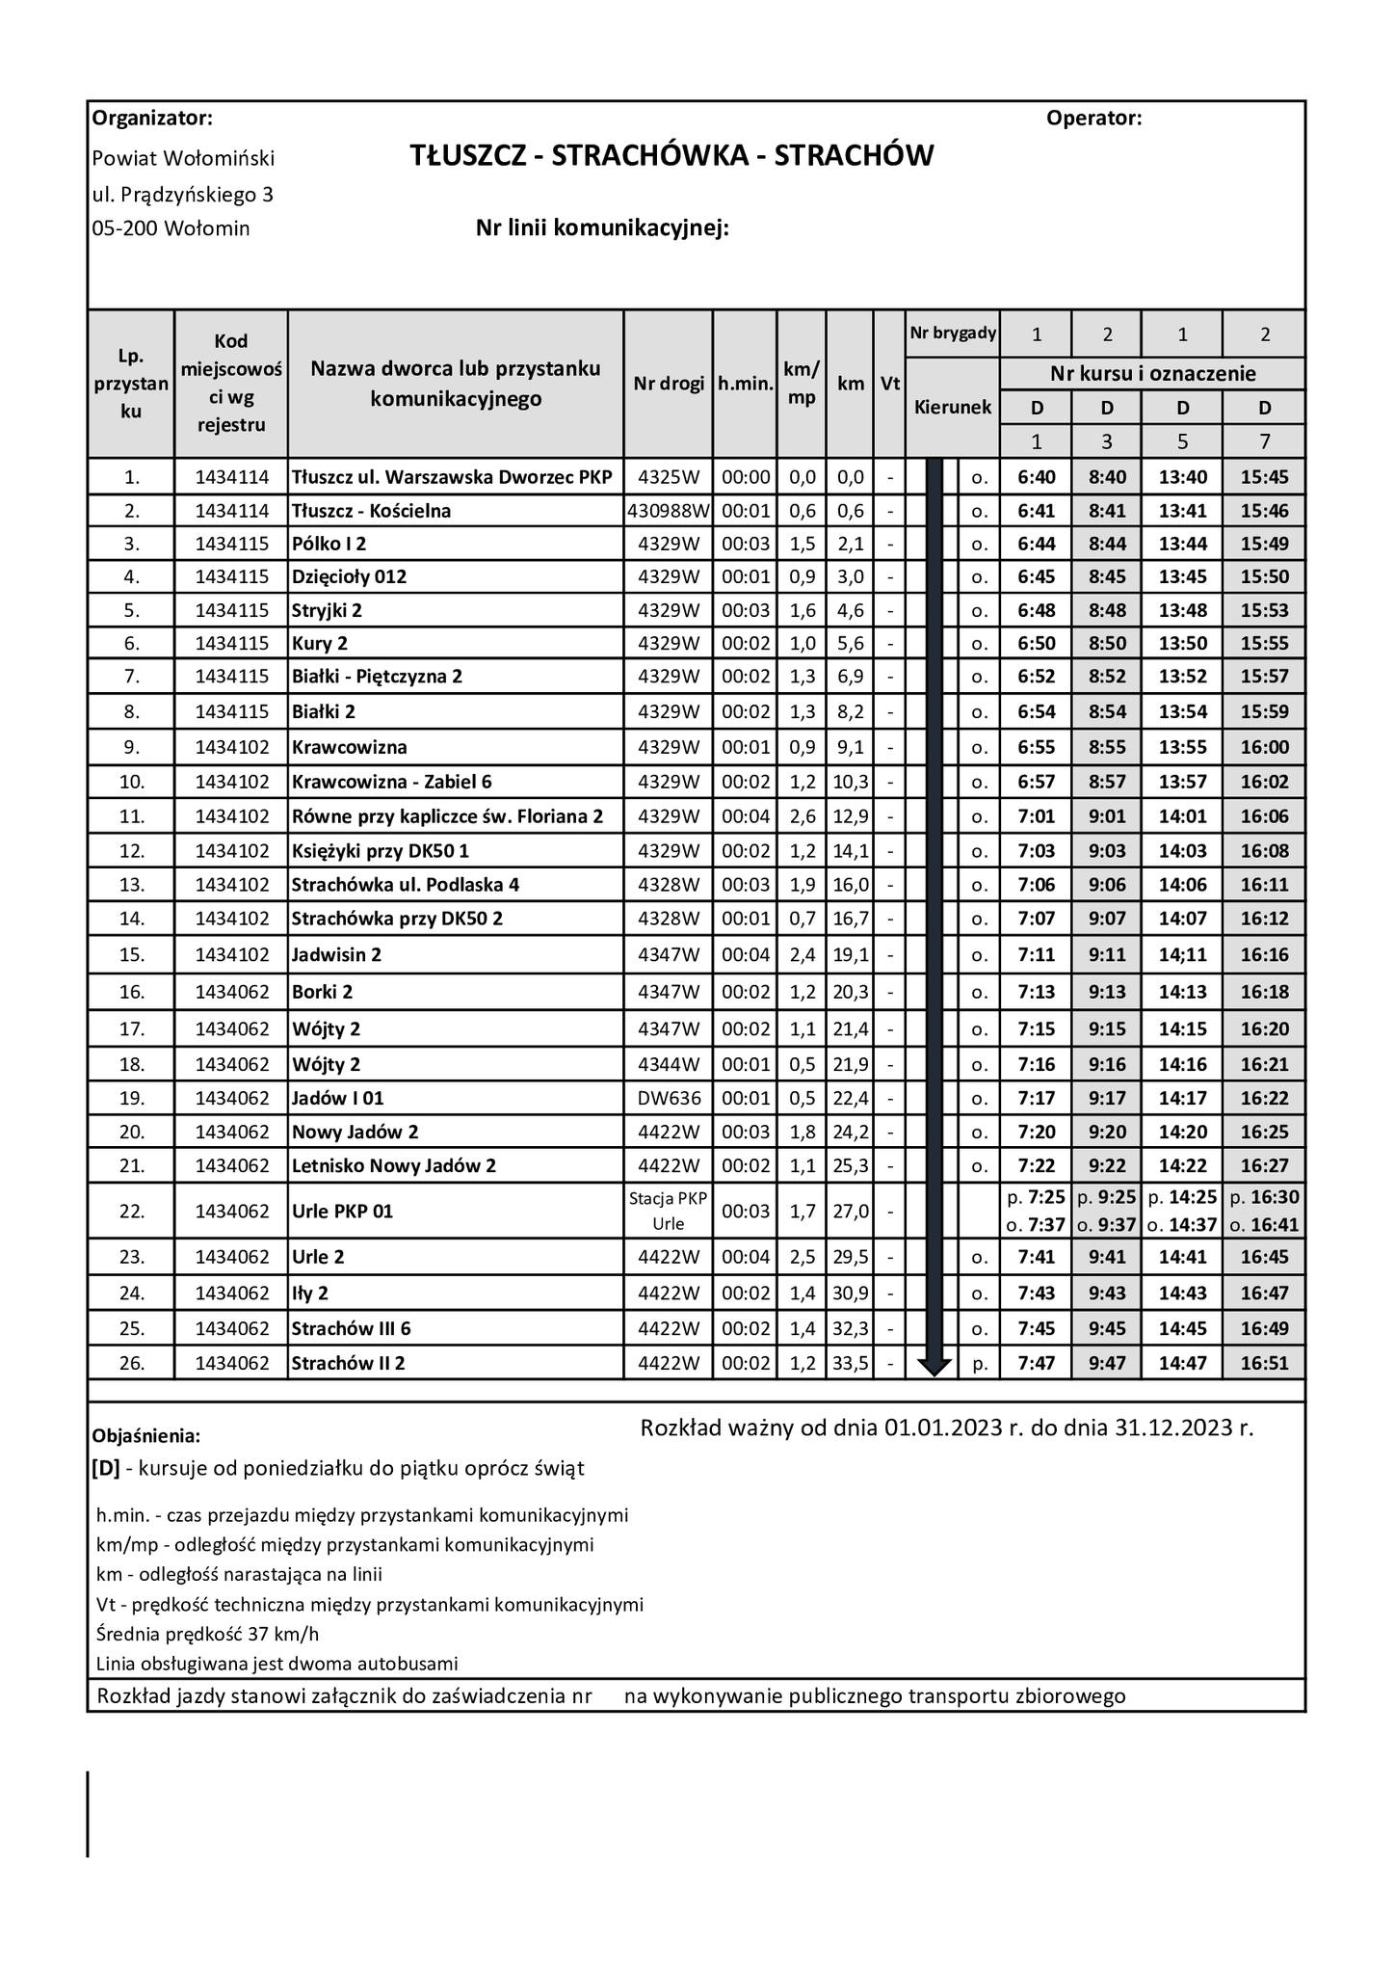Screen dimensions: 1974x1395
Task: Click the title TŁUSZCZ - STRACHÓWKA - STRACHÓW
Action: pos(671,156)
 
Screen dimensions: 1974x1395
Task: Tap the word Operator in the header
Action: pos(1092,119)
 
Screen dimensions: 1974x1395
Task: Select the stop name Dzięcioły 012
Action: pos(349,577)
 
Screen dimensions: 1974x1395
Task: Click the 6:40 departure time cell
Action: pos(1036,477)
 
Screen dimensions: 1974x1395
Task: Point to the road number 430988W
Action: pos(669,511)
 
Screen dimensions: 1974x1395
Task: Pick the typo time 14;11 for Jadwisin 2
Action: pos(1182,955)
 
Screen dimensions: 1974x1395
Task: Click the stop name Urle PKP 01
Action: pos(342,1212)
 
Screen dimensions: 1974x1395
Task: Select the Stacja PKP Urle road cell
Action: pos(669,1212)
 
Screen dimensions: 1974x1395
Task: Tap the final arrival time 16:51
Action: pos(1264,1364)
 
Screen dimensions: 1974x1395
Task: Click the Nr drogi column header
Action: pos(669,384)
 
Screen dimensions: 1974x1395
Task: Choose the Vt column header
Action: pos(889,384)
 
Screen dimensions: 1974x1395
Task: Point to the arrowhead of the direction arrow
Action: pos(934,1366)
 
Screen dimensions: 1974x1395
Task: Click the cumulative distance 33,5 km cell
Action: pos(850,1364)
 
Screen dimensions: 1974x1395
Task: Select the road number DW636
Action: pos(669,1099)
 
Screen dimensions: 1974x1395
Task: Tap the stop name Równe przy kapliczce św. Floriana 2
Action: pos(447,817)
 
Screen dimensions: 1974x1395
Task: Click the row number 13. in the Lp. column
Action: pos(131,885)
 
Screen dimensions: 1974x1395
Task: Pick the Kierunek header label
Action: pos(952,408)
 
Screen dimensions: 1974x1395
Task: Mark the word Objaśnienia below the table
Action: pos(145,1436)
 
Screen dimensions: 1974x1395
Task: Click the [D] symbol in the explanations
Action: pos(106,1469)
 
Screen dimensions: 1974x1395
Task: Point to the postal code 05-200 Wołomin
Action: pos(171,228)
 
